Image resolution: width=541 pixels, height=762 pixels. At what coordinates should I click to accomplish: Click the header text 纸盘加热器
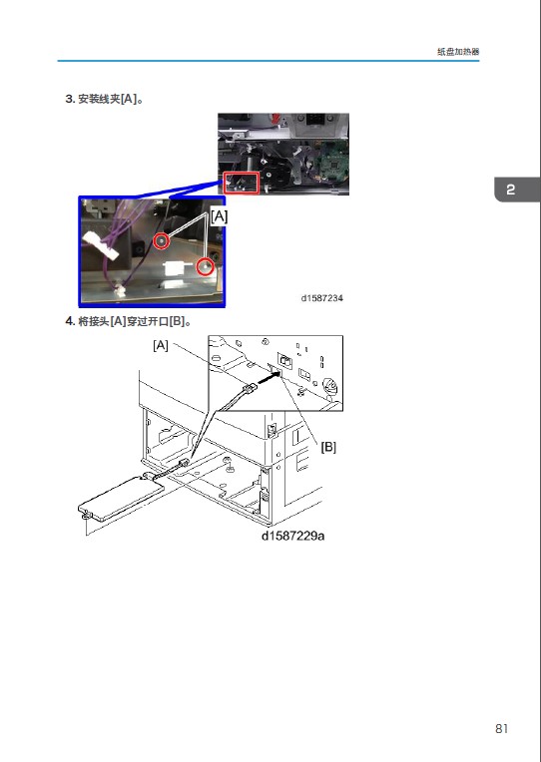(458, 52)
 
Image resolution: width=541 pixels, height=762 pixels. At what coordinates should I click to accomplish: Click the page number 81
(502, 728)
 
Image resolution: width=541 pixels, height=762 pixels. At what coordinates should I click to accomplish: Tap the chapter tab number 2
(510, 190)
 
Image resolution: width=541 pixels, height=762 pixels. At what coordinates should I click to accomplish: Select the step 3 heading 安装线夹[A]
(104, 99)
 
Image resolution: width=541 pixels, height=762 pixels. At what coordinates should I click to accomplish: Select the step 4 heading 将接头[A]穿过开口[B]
(128, 321)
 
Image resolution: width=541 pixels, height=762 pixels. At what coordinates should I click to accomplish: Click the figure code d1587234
(322, 298)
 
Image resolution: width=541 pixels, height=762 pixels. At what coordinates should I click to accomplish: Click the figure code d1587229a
(292, 536)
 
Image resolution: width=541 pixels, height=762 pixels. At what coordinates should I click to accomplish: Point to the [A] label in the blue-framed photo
(219, 216)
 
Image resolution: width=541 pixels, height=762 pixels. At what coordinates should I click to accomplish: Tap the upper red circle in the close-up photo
(162, 240)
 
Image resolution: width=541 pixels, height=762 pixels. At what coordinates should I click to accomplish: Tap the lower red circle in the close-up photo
(205, 266)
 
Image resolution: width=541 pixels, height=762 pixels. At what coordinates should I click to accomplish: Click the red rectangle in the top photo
(241, 183)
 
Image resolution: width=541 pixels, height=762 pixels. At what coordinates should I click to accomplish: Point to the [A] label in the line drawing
(161, 345)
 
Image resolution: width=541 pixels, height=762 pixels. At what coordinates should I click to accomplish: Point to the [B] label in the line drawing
(328, 447)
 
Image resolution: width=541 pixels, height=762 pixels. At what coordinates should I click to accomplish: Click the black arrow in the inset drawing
(270, 378)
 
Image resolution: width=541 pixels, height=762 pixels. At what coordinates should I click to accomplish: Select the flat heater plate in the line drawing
(122, 499)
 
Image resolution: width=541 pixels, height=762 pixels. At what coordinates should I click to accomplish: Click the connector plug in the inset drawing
(250, 388)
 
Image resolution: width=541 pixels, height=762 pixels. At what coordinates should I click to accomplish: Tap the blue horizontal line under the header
(269, 61)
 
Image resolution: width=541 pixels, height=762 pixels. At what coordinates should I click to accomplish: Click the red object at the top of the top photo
(275, 118)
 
